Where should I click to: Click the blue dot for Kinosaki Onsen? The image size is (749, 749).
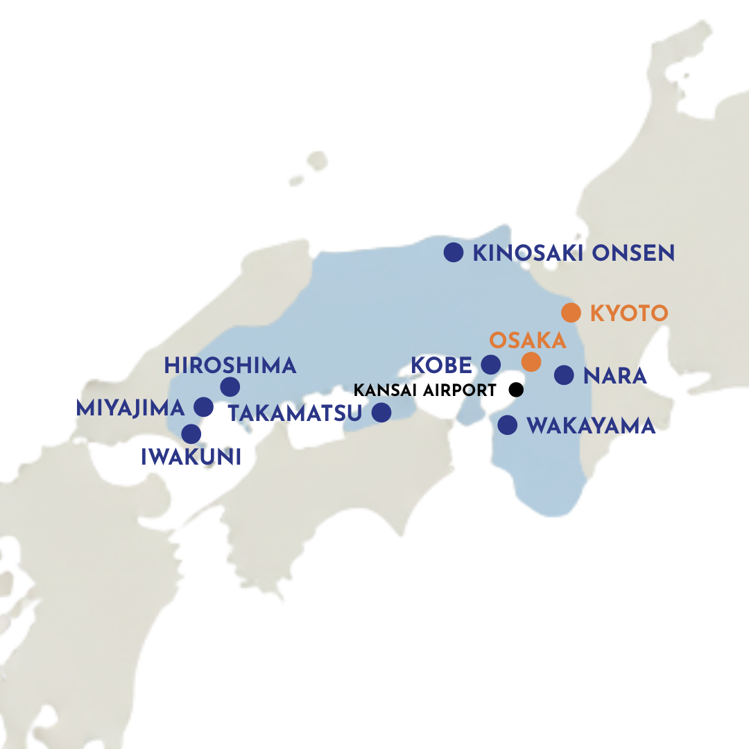pos(453,252)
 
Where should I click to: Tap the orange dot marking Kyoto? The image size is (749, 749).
pos(571,312)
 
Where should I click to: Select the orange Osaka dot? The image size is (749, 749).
pos(531,361)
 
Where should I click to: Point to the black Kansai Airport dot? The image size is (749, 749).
pos(515,389)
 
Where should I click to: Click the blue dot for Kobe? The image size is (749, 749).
pos(490,364)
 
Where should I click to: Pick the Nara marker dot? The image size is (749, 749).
pos(564,375)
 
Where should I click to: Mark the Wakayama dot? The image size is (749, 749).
pos(508,424)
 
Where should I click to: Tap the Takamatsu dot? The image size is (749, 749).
pos(381,413)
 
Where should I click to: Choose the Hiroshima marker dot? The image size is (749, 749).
pos(230,387)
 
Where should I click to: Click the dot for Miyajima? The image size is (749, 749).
pos(203,407)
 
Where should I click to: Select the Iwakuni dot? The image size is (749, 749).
pos(191,434)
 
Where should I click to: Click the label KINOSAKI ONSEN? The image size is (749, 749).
pos(573,253)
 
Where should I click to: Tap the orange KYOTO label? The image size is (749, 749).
pos(628,313)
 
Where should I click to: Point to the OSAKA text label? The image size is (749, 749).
pos(528,341)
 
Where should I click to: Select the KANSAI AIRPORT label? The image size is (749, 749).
pos(424,390)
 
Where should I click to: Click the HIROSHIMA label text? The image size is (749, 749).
pos(230,365)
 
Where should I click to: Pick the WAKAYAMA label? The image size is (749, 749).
pos(591,426)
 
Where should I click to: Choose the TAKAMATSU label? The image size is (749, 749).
pos(295,414)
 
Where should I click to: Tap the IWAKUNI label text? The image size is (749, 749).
pos(191,457)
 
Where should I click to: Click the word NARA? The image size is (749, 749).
pos(615,376)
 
